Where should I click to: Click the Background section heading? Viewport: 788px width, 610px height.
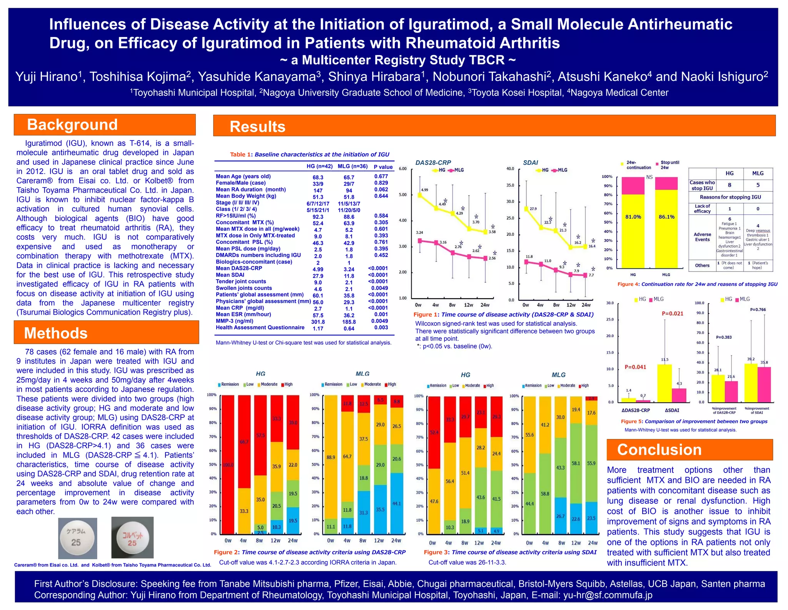[x=72, y=125]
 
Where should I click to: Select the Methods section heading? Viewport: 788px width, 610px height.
[x=56, y=333]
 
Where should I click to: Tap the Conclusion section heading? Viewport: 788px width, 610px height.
[x=659, y=450]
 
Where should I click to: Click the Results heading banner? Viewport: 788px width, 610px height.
[x=257, y=127]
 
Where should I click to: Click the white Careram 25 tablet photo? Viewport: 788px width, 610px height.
[x=77, y=538]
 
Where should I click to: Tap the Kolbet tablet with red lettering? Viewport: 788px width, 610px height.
[x=132, y=538]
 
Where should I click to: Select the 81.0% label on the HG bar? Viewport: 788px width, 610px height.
[x=633, y=217]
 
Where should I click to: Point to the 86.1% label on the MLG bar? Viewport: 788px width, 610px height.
[x=666, y=217]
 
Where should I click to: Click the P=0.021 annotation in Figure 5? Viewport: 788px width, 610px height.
[x=672, y=313]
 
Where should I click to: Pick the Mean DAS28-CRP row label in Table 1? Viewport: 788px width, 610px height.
[x=239, y=268]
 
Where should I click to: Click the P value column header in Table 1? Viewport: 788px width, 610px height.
[x=383, y=167]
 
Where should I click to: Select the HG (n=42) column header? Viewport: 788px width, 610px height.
[x=319, y=166]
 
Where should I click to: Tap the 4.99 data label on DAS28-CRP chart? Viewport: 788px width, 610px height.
[x=424, y=190]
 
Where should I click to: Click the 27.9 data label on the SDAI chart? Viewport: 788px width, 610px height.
[x=533, y=209]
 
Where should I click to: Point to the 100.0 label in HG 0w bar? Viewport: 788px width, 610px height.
[x=228, y=465]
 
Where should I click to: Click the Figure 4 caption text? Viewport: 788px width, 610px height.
[x=697, y=284]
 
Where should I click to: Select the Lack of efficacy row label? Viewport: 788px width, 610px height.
[x=702, y=209]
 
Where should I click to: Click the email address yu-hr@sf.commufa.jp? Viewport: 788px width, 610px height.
[x=608, y=595]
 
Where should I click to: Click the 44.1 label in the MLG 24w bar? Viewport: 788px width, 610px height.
[x=396, y=503]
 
